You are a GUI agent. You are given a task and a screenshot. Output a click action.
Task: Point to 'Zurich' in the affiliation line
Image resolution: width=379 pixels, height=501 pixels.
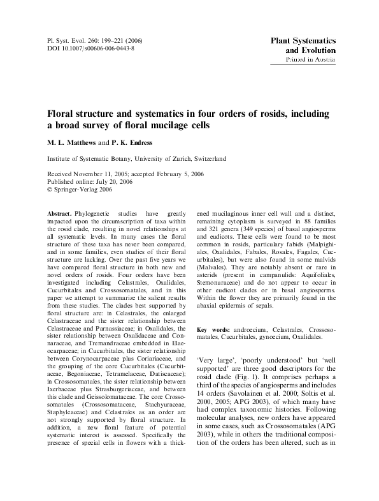pos(175,159)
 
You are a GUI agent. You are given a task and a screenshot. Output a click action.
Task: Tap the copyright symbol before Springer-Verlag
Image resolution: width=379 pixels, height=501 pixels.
pos(51,189)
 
